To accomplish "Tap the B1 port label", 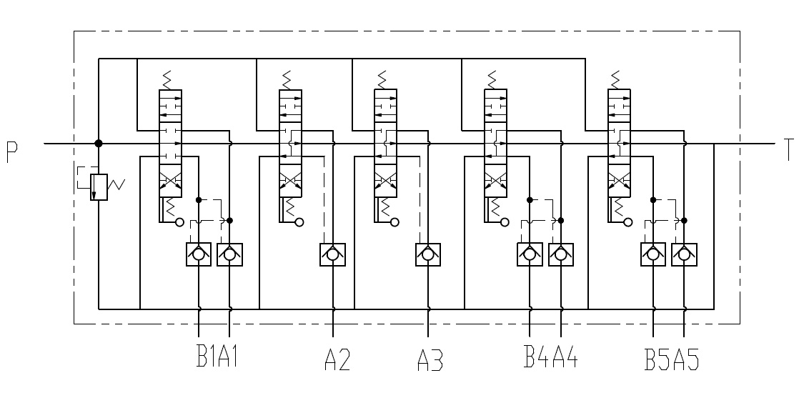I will [207, 357].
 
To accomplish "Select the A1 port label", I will [228, 357].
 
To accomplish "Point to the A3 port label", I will [430, 359].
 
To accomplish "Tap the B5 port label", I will [657, 359].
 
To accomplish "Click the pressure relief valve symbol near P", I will [99, 186].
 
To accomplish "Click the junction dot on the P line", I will [99, 144].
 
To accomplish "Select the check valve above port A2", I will [333, 254].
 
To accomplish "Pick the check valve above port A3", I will [427, 254].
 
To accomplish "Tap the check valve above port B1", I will [198, 254].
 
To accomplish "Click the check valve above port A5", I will [685, 254].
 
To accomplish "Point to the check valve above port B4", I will [530, 254].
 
